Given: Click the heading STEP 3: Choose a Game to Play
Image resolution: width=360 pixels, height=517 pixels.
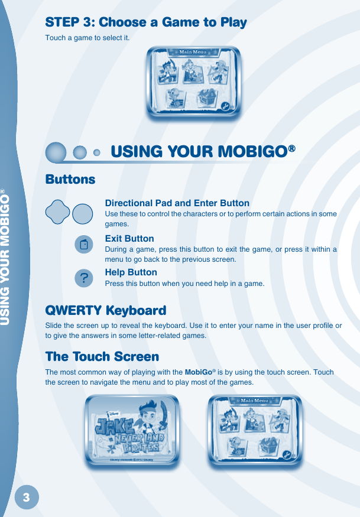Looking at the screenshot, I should [146, 22].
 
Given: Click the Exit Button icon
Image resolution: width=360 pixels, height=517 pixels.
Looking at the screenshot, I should [84, 245].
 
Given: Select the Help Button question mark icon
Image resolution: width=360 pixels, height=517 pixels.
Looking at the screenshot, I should [84, 278].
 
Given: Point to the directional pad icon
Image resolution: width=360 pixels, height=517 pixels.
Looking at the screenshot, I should [57, 213].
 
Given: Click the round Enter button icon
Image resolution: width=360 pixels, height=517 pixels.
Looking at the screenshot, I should [83, 213].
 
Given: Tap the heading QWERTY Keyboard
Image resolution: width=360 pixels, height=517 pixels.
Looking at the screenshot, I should [105, 310].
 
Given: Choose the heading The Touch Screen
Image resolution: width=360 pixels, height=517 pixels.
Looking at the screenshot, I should [102, 357].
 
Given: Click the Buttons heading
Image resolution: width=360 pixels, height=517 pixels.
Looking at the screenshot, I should [70, 179].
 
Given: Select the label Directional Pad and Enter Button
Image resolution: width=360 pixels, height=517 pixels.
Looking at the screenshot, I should [177, 203].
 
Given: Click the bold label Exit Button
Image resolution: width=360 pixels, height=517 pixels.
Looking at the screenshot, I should [129, 239].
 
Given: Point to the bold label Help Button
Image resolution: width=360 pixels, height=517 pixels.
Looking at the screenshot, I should [131, 272].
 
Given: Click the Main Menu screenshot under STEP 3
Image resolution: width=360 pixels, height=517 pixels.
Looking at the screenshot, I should [194, 82].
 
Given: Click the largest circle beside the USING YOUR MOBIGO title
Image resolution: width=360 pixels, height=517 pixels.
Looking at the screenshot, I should [56, 152].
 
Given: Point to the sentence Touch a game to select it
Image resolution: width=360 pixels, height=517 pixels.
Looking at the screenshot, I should [87, 38].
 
